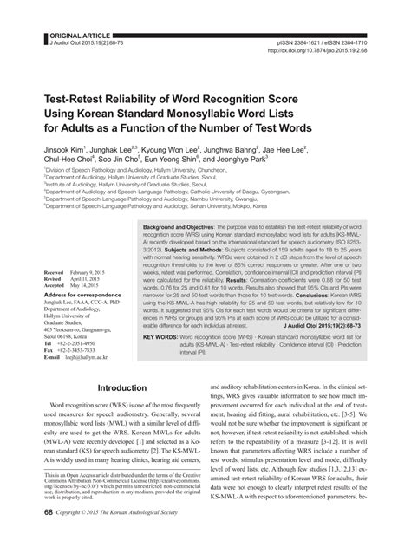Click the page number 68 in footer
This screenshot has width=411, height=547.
click(x=36, y=536)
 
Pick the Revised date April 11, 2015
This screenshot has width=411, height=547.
click(x=91, y=279)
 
